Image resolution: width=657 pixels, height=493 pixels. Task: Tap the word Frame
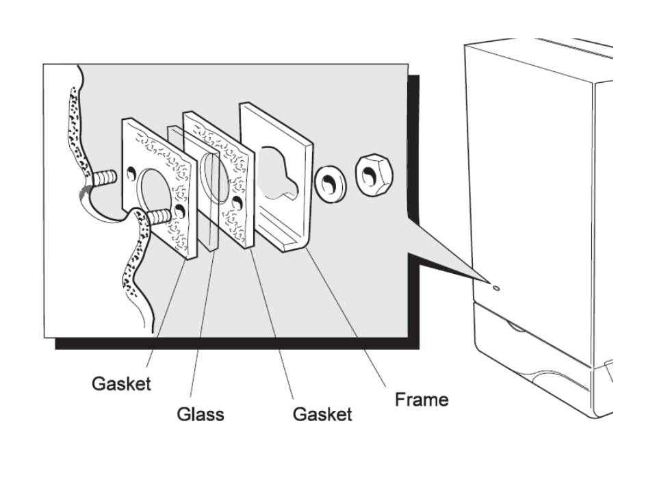click(422, 399)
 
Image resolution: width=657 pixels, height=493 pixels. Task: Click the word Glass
click(201, 414)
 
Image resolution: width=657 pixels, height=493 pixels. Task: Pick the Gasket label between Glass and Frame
click(322, 414)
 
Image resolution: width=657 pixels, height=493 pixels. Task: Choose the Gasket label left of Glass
click(122, 384)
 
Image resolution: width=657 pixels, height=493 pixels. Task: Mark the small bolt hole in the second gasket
click(237, 203)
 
